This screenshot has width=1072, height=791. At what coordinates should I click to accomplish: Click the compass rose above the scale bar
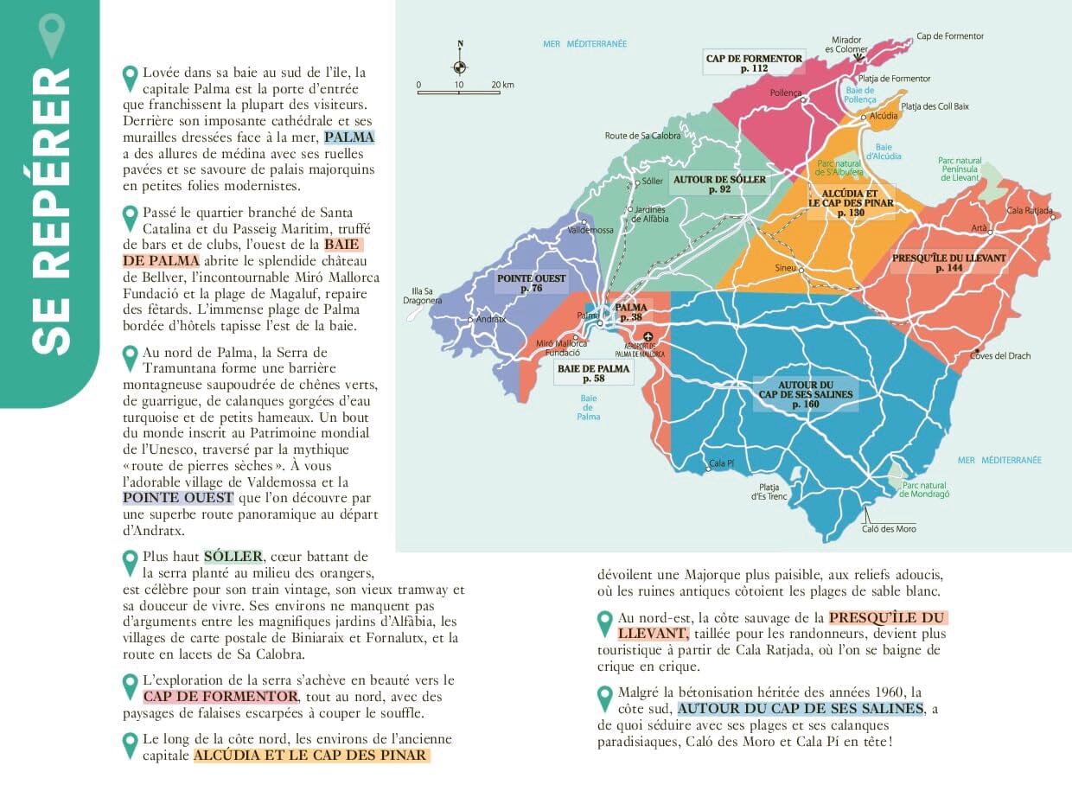(x=460, y=65)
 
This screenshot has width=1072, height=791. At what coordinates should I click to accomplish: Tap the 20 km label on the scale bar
(x=501, y=85)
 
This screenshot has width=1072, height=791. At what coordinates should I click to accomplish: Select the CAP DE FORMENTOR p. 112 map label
(x=754, y=63)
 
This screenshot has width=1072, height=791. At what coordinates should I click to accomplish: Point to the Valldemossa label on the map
(x=590, y=230)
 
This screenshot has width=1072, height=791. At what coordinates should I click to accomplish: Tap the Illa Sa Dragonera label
(x=423, y=296)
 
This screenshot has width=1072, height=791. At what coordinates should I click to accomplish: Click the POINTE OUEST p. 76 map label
(x=532, y=283)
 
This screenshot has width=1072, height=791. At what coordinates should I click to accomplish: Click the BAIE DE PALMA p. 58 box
(x=594, y=373)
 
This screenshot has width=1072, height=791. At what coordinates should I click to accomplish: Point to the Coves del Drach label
(x=1000, y=355)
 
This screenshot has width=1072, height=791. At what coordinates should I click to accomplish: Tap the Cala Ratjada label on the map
(x=1030, y=211)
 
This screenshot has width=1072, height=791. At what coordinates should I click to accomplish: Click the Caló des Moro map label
(x=889, y=528)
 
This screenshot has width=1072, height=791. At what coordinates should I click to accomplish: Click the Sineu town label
(x=785, y=268)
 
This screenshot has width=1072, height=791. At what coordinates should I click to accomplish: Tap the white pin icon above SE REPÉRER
(x=53, y=35)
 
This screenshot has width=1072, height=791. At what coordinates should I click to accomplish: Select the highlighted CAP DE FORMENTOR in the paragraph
(x=220, y=697)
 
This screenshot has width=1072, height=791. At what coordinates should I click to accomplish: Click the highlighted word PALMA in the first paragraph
(x=349, y=137)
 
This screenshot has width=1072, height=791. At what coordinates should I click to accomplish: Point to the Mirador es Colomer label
(x=847, y=44)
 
